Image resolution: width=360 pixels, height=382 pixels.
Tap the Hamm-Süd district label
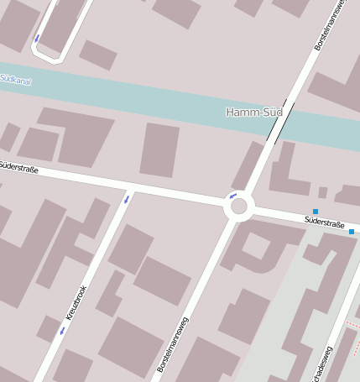[254, 112]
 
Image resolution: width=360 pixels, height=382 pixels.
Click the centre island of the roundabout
[239, 207]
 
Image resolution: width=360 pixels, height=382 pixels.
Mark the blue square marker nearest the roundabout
[316, 212]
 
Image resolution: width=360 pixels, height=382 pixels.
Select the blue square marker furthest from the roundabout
[352, 231]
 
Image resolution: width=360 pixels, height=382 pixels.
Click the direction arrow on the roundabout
[232, 196]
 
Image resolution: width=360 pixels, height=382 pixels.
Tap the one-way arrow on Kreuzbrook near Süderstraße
[126, 199]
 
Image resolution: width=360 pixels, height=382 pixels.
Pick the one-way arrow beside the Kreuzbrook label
[61, 331]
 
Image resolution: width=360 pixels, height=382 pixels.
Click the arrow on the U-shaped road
[36, 39]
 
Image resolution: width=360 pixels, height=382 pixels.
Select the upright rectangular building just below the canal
[159, 149]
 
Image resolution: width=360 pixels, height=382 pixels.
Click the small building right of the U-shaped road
[98, 55]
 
